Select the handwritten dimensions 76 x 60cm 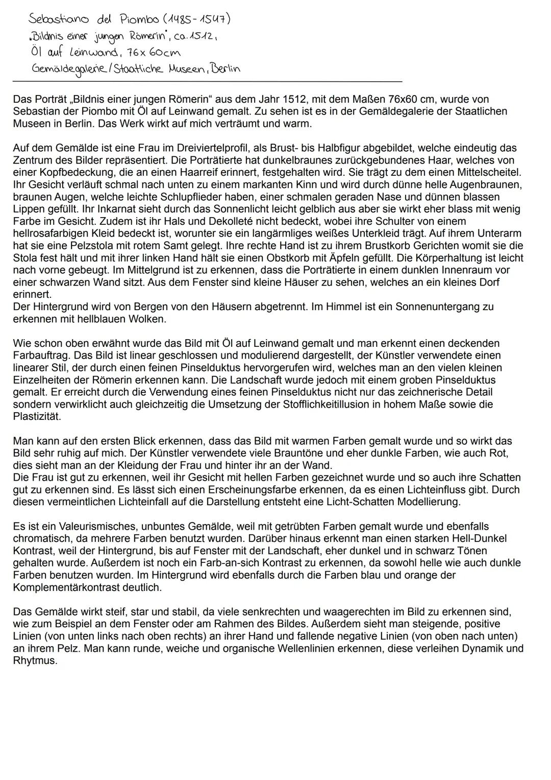point(146,53)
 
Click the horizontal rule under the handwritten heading point(207,81)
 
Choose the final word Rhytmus point(35,660)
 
